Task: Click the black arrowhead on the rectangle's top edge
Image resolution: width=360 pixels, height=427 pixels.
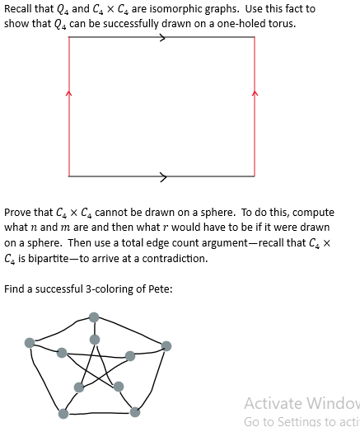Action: tap(163, 37)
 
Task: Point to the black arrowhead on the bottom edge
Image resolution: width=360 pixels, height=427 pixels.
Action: tap(163, 176)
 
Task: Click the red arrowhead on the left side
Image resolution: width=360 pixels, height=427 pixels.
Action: tap(69, 93)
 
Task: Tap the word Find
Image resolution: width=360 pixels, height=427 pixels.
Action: tap(15, 289)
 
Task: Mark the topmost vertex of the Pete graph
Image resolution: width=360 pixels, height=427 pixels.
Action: tap(94, 317)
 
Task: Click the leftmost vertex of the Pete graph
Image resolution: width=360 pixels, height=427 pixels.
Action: tap(30, 343)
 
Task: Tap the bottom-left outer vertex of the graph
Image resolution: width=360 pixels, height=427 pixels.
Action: tap(63, 414)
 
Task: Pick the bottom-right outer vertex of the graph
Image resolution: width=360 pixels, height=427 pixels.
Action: tap(135, 412)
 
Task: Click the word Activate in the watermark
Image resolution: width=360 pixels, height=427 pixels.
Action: tap(272, 404)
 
